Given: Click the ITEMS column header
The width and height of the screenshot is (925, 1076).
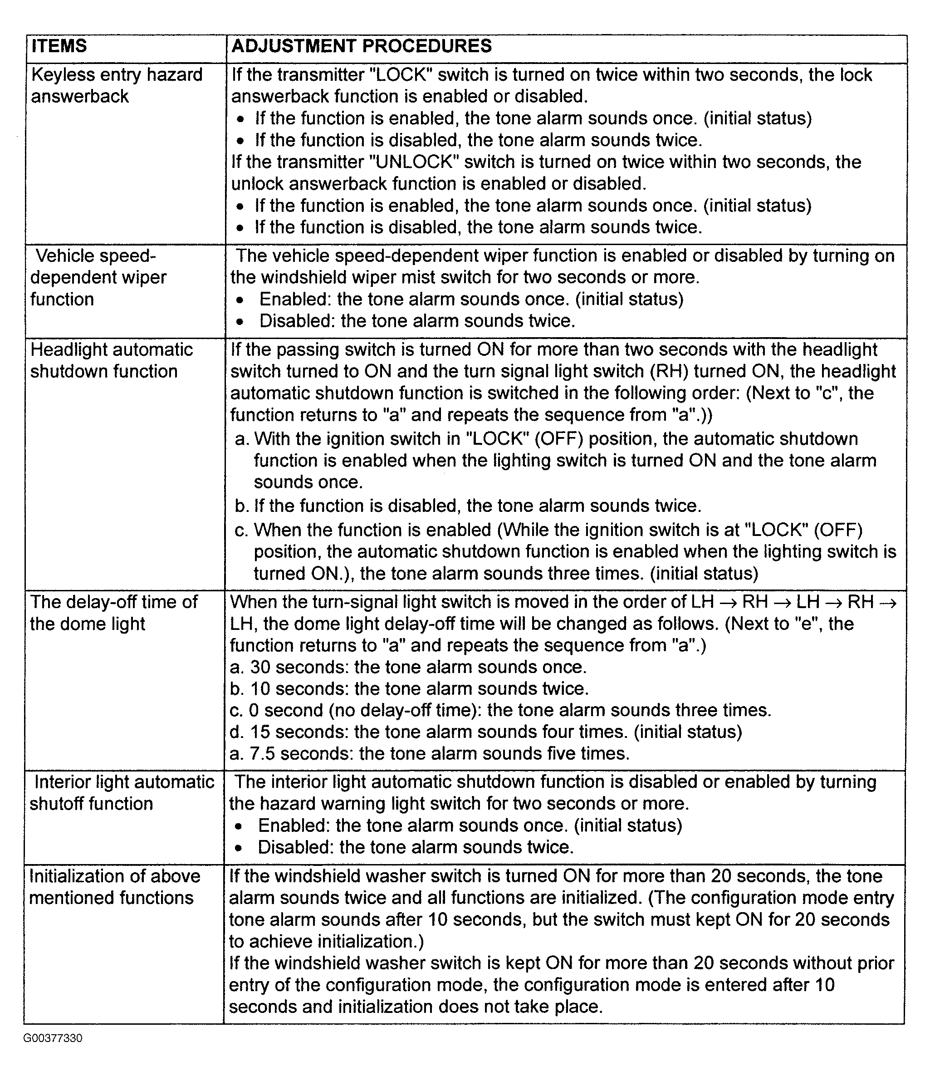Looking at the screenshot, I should pyautogui.click(x=59, y=46).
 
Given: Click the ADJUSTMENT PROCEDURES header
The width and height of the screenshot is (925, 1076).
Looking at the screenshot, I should pyautogui.click(x=361, y=46).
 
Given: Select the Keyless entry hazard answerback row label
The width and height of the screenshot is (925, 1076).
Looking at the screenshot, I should pyautogui.click(x=116, y=86).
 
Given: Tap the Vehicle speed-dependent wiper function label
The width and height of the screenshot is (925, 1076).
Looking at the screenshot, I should pyautogui.click(x=98, y=277).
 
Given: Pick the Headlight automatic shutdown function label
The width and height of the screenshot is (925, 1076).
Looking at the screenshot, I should pyautogui.click(x=111, y=360).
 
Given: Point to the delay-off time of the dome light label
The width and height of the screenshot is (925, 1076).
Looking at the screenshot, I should pyautogui.click(x=113, y=613).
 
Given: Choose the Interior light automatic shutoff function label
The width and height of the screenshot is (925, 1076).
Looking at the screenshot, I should pyautogui.click(x=122, y=792).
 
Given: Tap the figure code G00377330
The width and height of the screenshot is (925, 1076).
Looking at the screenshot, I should pyautogui.click(x=53, y=1038).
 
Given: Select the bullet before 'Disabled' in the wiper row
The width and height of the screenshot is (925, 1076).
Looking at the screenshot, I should pyautogui.click(x=239, y=321).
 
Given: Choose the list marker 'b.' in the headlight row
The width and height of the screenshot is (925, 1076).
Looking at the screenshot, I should pyautogui.click(x=241, y=506).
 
